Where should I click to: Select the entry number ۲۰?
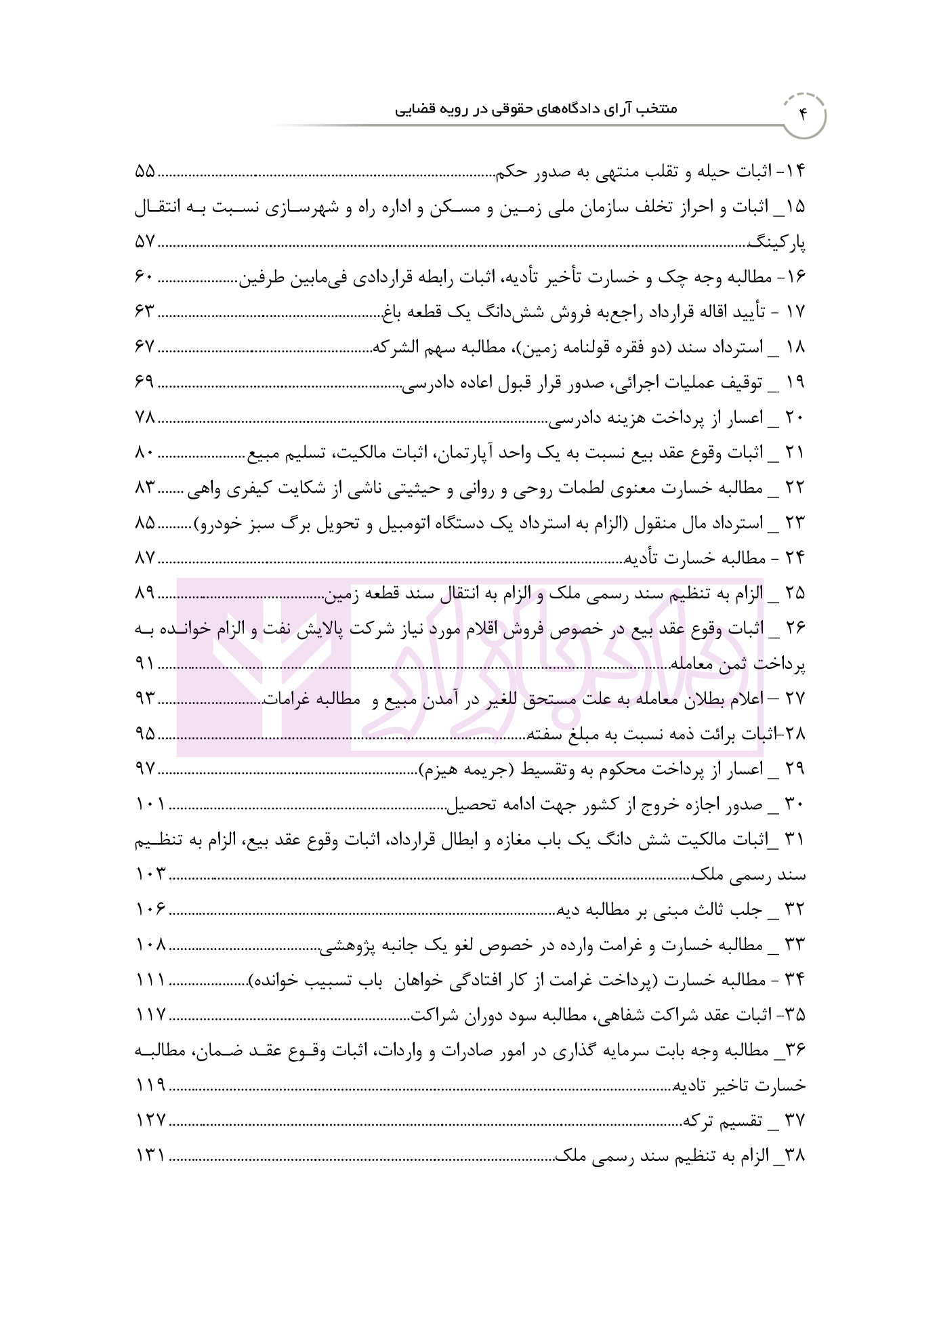pyautogui.click(x=795, y=418)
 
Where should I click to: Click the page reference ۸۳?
pyautogui.click(x=145, y=489)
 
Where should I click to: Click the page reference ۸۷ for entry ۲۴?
pyautogui.click(x=145, y=559)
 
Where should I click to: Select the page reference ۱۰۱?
pyautogui.click(x=150, y=805)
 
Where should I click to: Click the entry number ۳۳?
pyautogui.click(x=795, y=945)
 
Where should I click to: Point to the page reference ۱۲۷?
pyautogui.click(x=150, y=1121)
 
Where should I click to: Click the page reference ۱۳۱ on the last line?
pyautogui.click(x=150, y=1156)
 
